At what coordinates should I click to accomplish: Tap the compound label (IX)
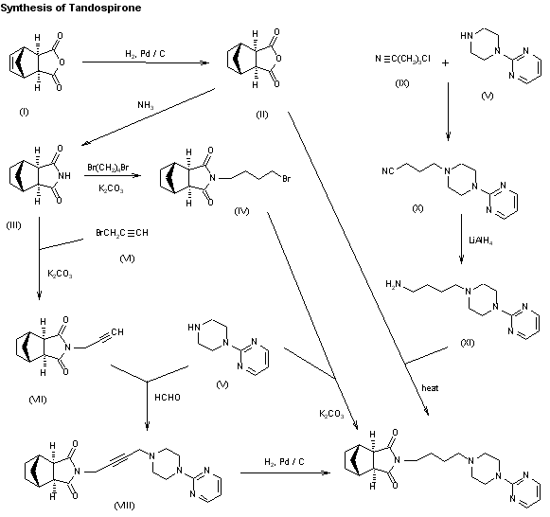tap(401, 85)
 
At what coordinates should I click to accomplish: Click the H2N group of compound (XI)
tap(395, 281)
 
